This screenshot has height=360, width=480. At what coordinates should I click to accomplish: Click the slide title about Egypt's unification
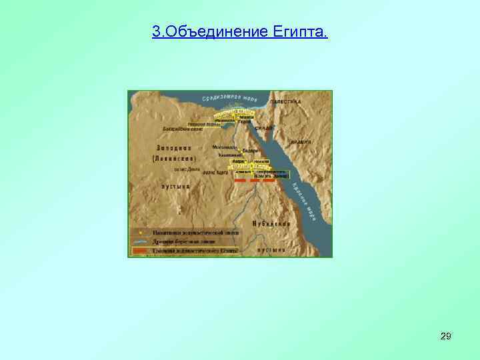(x=240, y=32)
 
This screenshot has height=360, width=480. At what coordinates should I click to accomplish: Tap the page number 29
(x=446, y=336)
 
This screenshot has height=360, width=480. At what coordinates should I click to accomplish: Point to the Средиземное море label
(x=230, y=99)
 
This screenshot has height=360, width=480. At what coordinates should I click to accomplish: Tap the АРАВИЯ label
(x=299, y=142)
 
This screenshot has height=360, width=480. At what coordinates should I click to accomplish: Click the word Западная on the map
(x=173, y=147)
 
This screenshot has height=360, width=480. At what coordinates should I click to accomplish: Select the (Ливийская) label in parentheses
(x=173, y=158)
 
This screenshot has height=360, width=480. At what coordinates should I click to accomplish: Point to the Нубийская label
(x=271, y=224)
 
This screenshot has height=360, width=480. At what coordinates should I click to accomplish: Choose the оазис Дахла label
(x=186, y=169)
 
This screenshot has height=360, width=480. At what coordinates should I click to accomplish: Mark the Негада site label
(x=262, y=161)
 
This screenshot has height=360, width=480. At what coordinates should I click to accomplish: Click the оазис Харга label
(x=216, y=173)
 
